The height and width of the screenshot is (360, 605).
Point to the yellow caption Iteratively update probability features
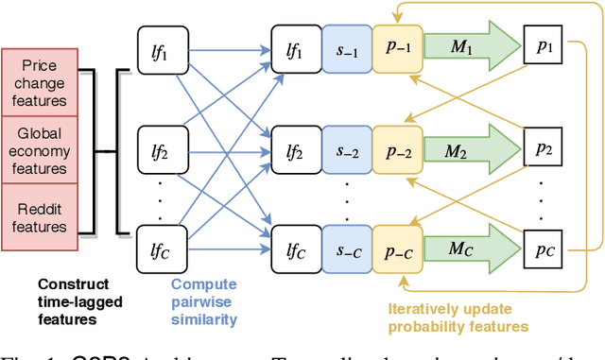pos(458,316)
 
